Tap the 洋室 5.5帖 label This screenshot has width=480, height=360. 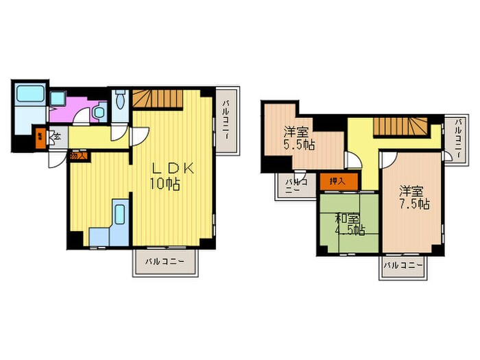click(300, 139)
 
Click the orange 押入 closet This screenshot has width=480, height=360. click(337, 182)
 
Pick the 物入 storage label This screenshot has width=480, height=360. click(77, 156)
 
